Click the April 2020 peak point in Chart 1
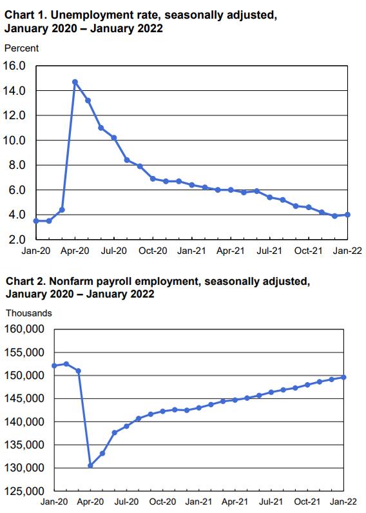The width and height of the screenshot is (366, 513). point(75,82)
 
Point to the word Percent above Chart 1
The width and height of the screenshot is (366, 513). point(21,48)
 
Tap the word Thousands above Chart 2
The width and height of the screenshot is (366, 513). point(29,313)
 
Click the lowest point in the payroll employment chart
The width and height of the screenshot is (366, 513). point(90,465)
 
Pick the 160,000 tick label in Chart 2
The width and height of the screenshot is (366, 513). point(24,329)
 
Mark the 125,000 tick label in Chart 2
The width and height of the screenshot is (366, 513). point(24,491)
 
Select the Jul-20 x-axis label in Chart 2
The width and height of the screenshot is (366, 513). point(126,501)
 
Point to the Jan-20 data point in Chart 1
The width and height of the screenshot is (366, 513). point(36,220)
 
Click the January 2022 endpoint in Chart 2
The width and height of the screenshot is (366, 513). point(344,377)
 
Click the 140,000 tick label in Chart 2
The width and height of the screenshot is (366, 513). point(24,421)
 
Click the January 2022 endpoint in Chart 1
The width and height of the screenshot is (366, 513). point(347,215)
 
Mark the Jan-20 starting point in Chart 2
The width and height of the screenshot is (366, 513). point(54,366)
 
